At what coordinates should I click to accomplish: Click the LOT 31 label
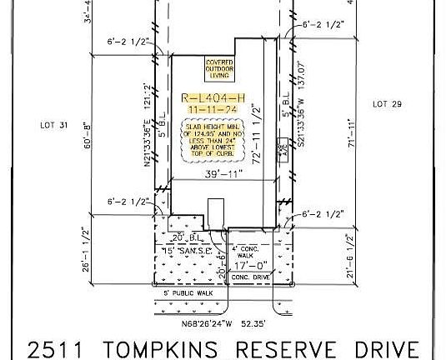[53, 126]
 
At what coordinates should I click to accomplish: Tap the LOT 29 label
[387, 103]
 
